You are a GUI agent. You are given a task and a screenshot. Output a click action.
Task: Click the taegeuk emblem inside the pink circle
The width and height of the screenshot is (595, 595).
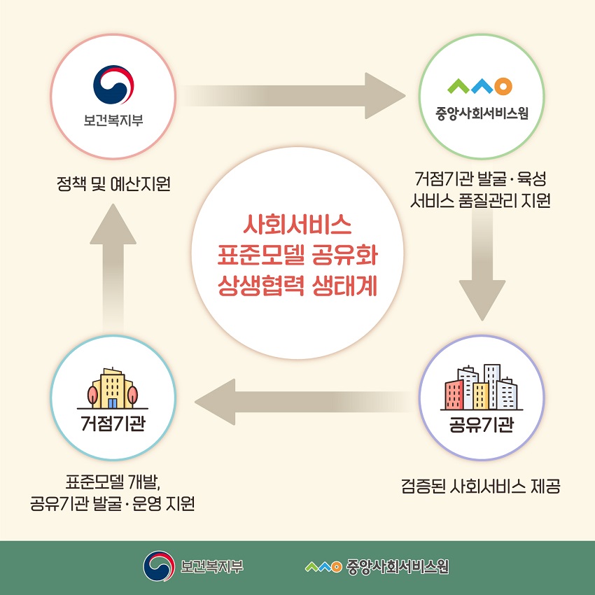113,85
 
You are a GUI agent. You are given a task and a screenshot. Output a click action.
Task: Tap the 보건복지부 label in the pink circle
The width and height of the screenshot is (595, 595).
113,120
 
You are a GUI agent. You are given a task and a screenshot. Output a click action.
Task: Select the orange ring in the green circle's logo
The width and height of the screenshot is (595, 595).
503,86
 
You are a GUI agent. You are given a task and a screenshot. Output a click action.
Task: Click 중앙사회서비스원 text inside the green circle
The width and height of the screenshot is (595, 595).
482,113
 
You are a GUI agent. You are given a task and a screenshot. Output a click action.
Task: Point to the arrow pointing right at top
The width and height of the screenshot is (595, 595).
292,96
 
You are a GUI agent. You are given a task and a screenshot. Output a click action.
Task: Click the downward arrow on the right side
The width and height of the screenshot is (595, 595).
482,264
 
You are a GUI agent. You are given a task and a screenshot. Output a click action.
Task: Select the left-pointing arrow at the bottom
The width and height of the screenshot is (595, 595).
304,402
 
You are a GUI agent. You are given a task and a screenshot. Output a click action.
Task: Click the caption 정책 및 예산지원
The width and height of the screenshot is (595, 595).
113,184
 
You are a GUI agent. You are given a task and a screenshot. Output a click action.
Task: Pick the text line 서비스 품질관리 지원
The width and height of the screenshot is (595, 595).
480,201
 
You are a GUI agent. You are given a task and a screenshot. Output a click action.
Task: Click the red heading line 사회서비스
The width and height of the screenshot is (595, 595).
297,225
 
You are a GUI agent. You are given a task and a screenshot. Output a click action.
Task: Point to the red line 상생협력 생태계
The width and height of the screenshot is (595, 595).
297,286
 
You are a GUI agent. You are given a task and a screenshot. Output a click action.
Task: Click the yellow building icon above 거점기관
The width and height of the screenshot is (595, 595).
113,388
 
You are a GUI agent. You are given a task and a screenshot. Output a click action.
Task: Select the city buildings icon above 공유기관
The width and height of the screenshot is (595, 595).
482,387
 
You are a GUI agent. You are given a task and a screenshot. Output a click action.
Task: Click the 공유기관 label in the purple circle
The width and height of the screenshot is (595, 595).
482,424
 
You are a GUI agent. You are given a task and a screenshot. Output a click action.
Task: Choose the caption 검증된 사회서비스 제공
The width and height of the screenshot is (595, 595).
481,486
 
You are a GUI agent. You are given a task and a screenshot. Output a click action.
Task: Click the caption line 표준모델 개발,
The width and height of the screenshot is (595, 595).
113,482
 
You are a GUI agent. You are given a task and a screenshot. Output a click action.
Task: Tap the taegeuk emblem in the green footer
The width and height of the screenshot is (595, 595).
159,566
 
